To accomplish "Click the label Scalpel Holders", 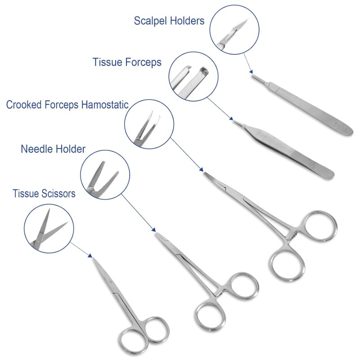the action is point(169,21).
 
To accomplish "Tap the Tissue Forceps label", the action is point(127,62).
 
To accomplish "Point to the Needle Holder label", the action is point(53,149).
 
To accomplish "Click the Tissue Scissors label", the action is point(44,194).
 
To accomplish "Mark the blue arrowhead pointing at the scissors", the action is point(90,255).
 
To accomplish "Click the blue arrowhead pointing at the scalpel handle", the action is point(251,71).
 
